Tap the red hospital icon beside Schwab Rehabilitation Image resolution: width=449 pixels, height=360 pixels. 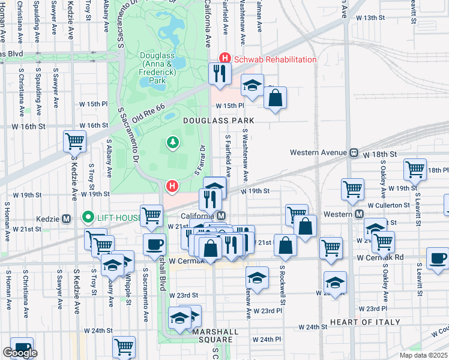click(225, 59)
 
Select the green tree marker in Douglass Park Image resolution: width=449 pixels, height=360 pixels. click(173, 142)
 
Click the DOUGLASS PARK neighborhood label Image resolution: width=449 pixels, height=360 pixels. click(218, 121)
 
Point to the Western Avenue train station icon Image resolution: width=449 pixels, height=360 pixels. click(354, 152)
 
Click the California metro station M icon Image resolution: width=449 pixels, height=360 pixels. click(221, 216)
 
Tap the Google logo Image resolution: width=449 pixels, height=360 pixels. click(20, 353)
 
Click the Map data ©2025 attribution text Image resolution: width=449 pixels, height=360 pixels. click(423, 355)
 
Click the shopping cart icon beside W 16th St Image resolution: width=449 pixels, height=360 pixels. click(75, 141)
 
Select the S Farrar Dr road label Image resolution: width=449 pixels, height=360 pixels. click(200, 161)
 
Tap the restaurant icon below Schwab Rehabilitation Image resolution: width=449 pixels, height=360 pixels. click(220, 73)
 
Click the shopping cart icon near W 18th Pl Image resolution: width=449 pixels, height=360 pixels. click(415, 170)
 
